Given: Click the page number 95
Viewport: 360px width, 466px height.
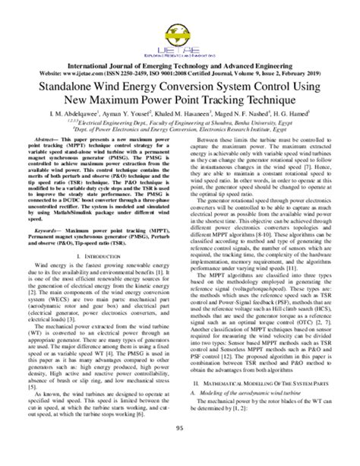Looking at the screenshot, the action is click(180, 450).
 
